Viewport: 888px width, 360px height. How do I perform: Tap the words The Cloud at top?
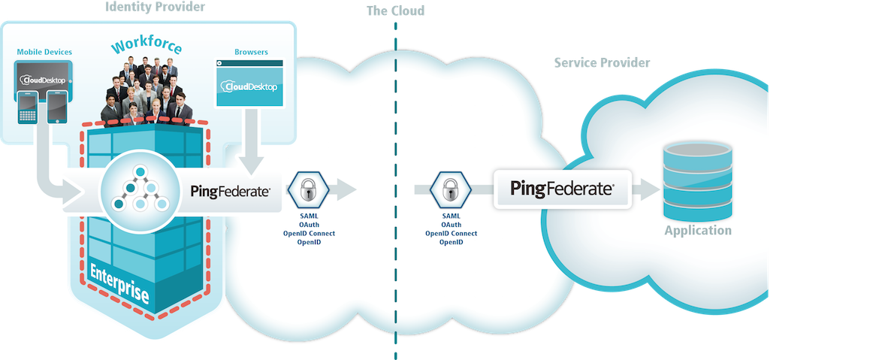click(x=395, y=11)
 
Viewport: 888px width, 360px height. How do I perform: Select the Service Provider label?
click(x=601, y=63)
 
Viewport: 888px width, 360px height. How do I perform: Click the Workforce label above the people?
click(x=146, y=47)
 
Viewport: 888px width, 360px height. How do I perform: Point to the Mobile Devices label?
click(x=44, y=52)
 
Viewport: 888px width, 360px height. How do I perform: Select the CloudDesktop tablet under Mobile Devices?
click(x=44, y=76)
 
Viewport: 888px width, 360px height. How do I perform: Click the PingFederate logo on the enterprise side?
click(x=231, y=191)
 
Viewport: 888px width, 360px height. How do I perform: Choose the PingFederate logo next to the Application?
click(x=562, y=189)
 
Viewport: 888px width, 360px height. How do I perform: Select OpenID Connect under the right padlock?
click(x=452, y=234)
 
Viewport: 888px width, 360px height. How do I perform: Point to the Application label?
click(x=697, y=231)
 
